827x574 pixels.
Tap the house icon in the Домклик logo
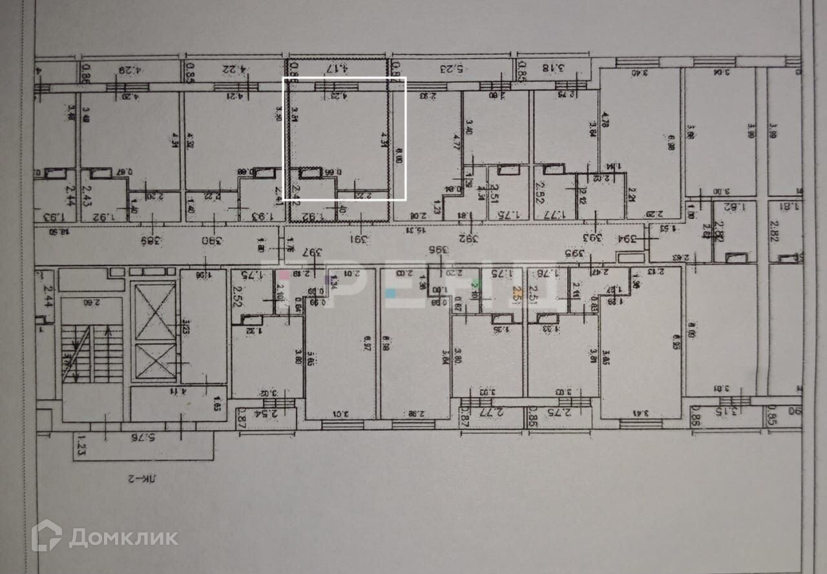(x=47, y=535)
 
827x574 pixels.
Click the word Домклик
(x=123, y=537)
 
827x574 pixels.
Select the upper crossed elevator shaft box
(x=154, y=311)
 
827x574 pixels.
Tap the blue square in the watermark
(x=390, y=292)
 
